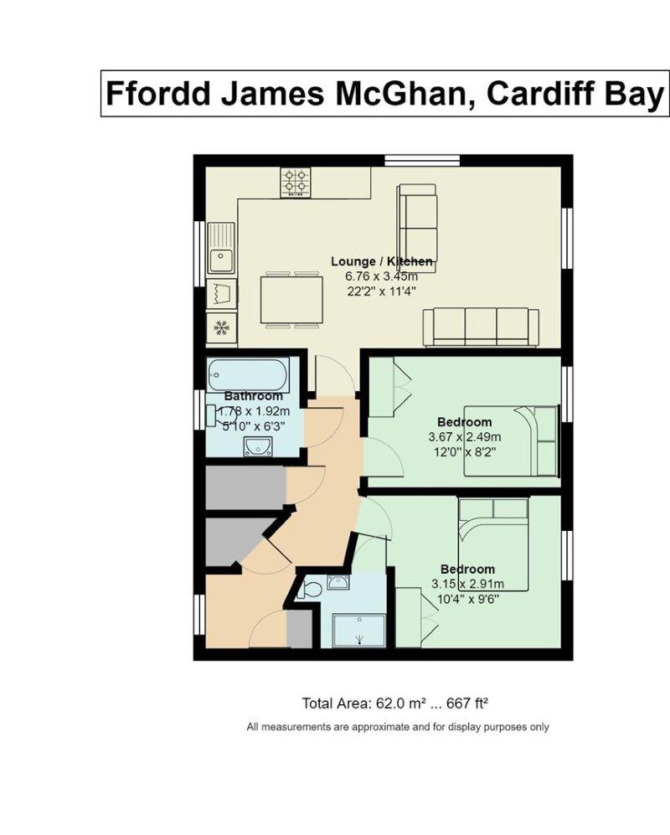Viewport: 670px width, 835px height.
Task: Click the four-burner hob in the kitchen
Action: pos(296,182)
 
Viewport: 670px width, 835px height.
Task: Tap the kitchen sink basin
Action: pos(220,261)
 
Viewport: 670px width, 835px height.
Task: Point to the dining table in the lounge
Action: pos(291,299)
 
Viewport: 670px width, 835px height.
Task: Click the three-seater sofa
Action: pos(481,327)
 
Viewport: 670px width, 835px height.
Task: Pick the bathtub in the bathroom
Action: pos(248,375)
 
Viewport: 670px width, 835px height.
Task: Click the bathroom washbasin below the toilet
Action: pos(258,446)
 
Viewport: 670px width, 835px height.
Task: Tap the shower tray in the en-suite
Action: pos(359,631)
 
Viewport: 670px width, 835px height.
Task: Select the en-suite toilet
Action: pos(310,590)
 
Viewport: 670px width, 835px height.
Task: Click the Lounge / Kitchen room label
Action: pos(381,261)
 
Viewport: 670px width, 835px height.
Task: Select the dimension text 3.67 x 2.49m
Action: pos(465,437)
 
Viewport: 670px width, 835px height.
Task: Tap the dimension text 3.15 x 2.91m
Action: pos(467,584)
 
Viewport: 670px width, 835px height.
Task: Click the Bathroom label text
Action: pos(254,396)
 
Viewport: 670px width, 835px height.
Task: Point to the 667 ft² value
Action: pos(467,704)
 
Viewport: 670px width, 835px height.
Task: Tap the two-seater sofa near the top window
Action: pos(417,229)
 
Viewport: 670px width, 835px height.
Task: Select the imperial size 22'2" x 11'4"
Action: pos(381,291)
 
